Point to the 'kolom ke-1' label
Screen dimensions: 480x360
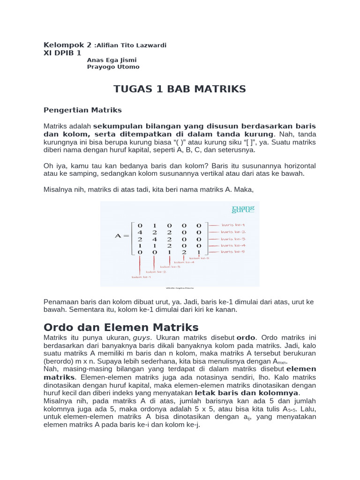(141, 277)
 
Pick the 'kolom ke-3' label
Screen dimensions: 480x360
(170, 267)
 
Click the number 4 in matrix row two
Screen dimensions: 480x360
(140, 232)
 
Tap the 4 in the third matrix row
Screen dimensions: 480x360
(155, 239)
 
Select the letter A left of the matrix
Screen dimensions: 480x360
(119, 236)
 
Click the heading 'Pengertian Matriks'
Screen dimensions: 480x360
(82, 110)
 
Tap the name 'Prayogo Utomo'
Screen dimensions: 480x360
(113, 67)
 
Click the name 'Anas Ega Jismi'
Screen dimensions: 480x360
(112, 60)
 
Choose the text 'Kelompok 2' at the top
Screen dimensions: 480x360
(67, 45)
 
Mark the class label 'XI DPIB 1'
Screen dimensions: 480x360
(62, 53)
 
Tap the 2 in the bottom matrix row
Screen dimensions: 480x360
(184, 252)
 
